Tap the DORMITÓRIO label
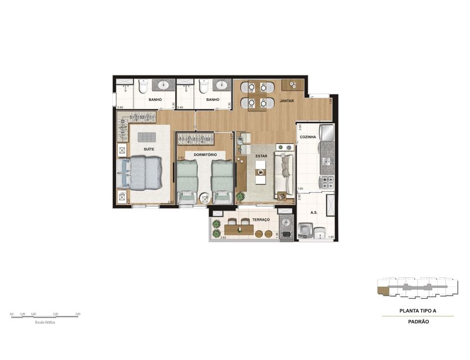[205, 154]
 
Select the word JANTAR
[286, 100]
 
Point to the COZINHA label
[308, 137]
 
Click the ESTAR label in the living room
[261, 156]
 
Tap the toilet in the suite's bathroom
[143, 87]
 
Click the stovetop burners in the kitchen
[327, 183]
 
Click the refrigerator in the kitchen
[327, 132]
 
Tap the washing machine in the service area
[305, 231]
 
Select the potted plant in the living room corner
[240, 197]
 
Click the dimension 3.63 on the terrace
[223, 238]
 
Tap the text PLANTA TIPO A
[418, 311]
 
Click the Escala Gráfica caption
[45, 322]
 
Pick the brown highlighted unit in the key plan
[381, 291]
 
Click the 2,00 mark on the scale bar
[55, 313]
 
